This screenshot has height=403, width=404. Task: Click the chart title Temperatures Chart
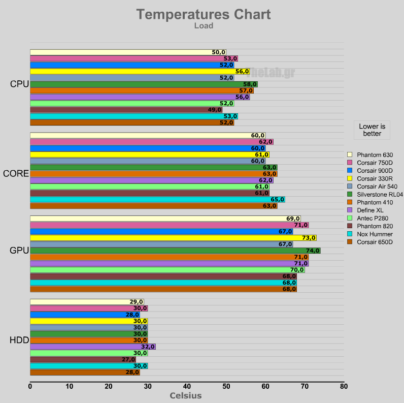pyautogui.click(x=204, y=14)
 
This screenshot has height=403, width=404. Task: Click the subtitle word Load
pyautogui.click(x=204, y=26)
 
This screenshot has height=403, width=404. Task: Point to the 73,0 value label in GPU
pyautogui.click(x=309, y=238)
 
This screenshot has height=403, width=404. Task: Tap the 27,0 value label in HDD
pyautogui.click(x=128, y=359)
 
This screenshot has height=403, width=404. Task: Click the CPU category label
pyautogui.click(x=19, y=84)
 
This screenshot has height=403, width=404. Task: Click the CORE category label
pyautogui.click(x=16, y=173)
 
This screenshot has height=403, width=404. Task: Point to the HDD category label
pyautogui.click(x=19, y=340)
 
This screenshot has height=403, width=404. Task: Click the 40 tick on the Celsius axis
pyautogui.click(x=187, y=387)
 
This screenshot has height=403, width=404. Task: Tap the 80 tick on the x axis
pyautogui.click(x=344, y=387)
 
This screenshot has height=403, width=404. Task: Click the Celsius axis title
pyautogui.click(x=185, y=396)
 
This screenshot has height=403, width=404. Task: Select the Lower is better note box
pyautogui.click(x=372, y=130)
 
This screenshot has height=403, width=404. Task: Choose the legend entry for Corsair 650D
pyautogui.click(x=375, y=242)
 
